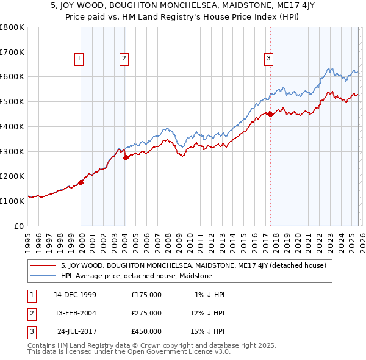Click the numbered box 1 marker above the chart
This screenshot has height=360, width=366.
(79, 59)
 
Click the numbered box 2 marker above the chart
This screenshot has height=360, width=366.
(124, 59)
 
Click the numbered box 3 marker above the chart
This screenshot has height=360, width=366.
(268, 59)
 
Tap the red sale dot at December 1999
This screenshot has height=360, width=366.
(81, 182)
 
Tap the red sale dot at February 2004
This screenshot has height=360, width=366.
(126, 157)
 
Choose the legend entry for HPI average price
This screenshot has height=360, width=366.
(136, 276)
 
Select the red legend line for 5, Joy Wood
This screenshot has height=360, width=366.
(43, 265)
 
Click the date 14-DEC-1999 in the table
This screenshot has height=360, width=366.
(75, 295)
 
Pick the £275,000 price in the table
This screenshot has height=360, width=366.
(146, 313)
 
